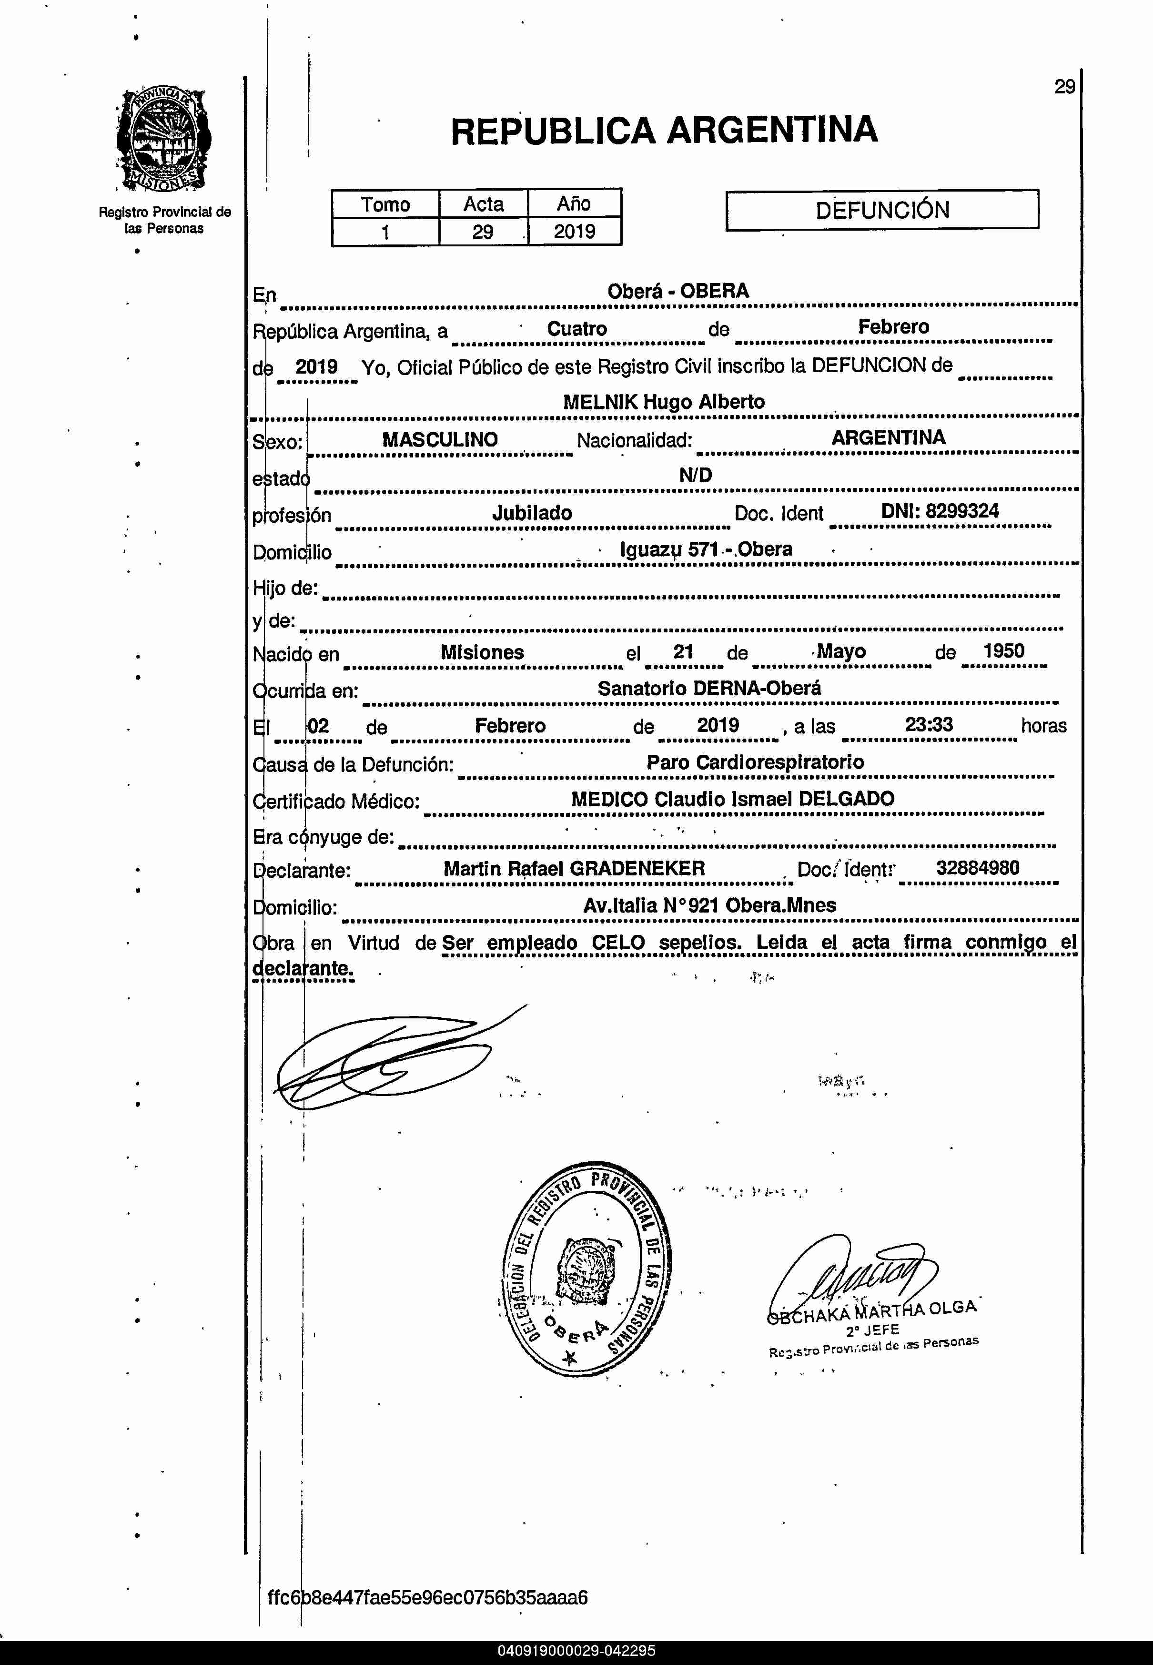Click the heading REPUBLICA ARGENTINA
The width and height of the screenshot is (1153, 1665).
[x=663, y=131]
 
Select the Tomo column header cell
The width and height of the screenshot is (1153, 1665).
[x=385, y=204]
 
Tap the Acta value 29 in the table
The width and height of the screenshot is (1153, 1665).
[x=483, y=232]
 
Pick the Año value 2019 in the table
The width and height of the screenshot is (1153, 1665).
[x=574, y=232]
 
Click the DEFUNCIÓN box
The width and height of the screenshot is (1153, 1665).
[x=881, y=210]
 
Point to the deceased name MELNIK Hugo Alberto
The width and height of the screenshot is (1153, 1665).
[x=663, y=402]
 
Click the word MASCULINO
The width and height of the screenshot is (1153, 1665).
[x=439, y=439]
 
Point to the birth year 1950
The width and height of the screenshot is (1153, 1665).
[x=1003, y=651]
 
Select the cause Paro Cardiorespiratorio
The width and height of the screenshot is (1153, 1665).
[x=755, y=762]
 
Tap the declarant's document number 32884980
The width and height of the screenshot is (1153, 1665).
[x=978, y=868]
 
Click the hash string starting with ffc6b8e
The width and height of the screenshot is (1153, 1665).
[x=428, y=1597]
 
